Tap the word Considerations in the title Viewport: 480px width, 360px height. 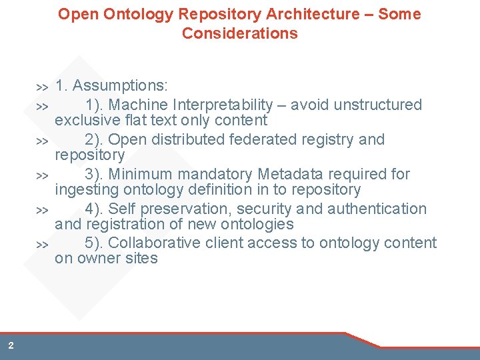click(240, 33)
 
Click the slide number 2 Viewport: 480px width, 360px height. click(11, 345)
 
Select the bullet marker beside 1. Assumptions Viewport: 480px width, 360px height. click(42, 87)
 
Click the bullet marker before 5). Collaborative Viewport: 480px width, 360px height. click(42, 245)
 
